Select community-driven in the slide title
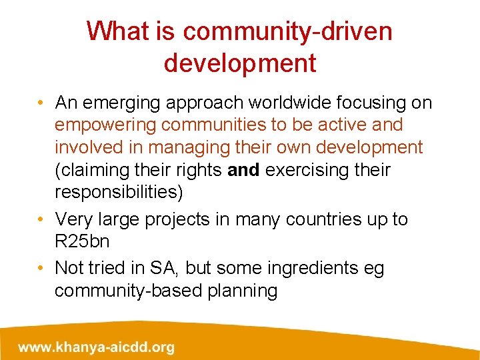click(287, 31)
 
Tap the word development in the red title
click(240, 63)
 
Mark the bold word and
click(244, 171)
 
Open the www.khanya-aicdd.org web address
click(97, 347)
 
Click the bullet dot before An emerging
click(41, 103)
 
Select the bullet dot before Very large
click(41, 219)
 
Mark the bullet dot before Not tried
click(41, 268)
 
